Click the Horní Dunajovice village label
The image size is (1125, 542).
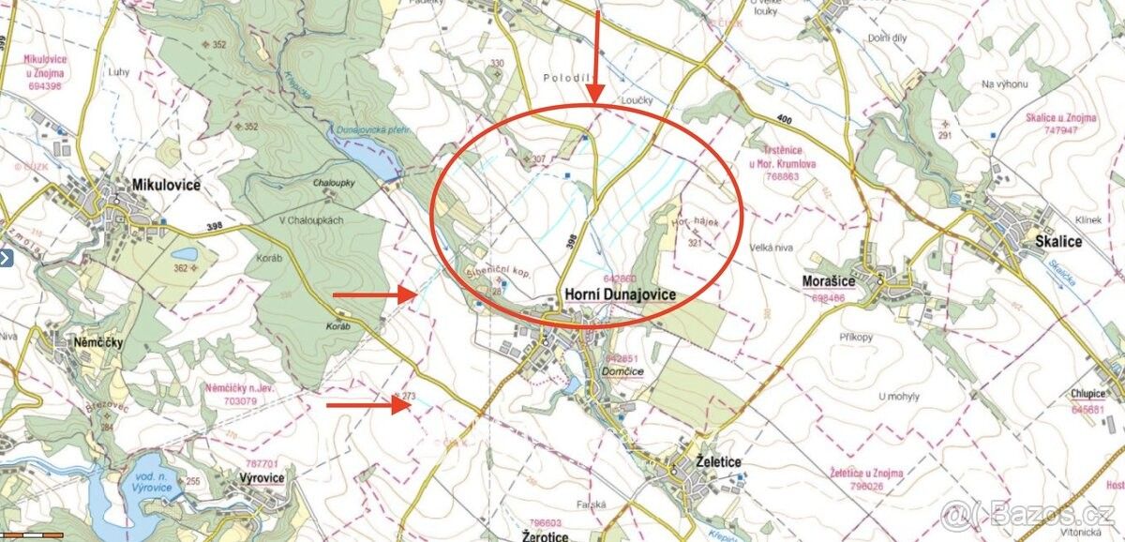coord(620,294)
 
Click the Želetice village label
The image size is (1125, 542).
coord(719,462)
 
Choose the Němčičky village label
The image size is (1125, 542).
coord(98,343)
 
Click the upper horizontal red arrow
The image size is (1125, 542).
coord(374,294)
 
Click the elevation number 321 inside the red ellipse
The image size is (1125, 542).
coord(695,243)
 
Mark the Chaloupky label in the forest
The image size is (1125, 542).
coord(333,183)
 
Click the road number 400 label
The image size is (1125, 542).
coord(786,118)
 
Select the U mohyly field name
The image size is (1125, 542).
coord(897,395)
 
